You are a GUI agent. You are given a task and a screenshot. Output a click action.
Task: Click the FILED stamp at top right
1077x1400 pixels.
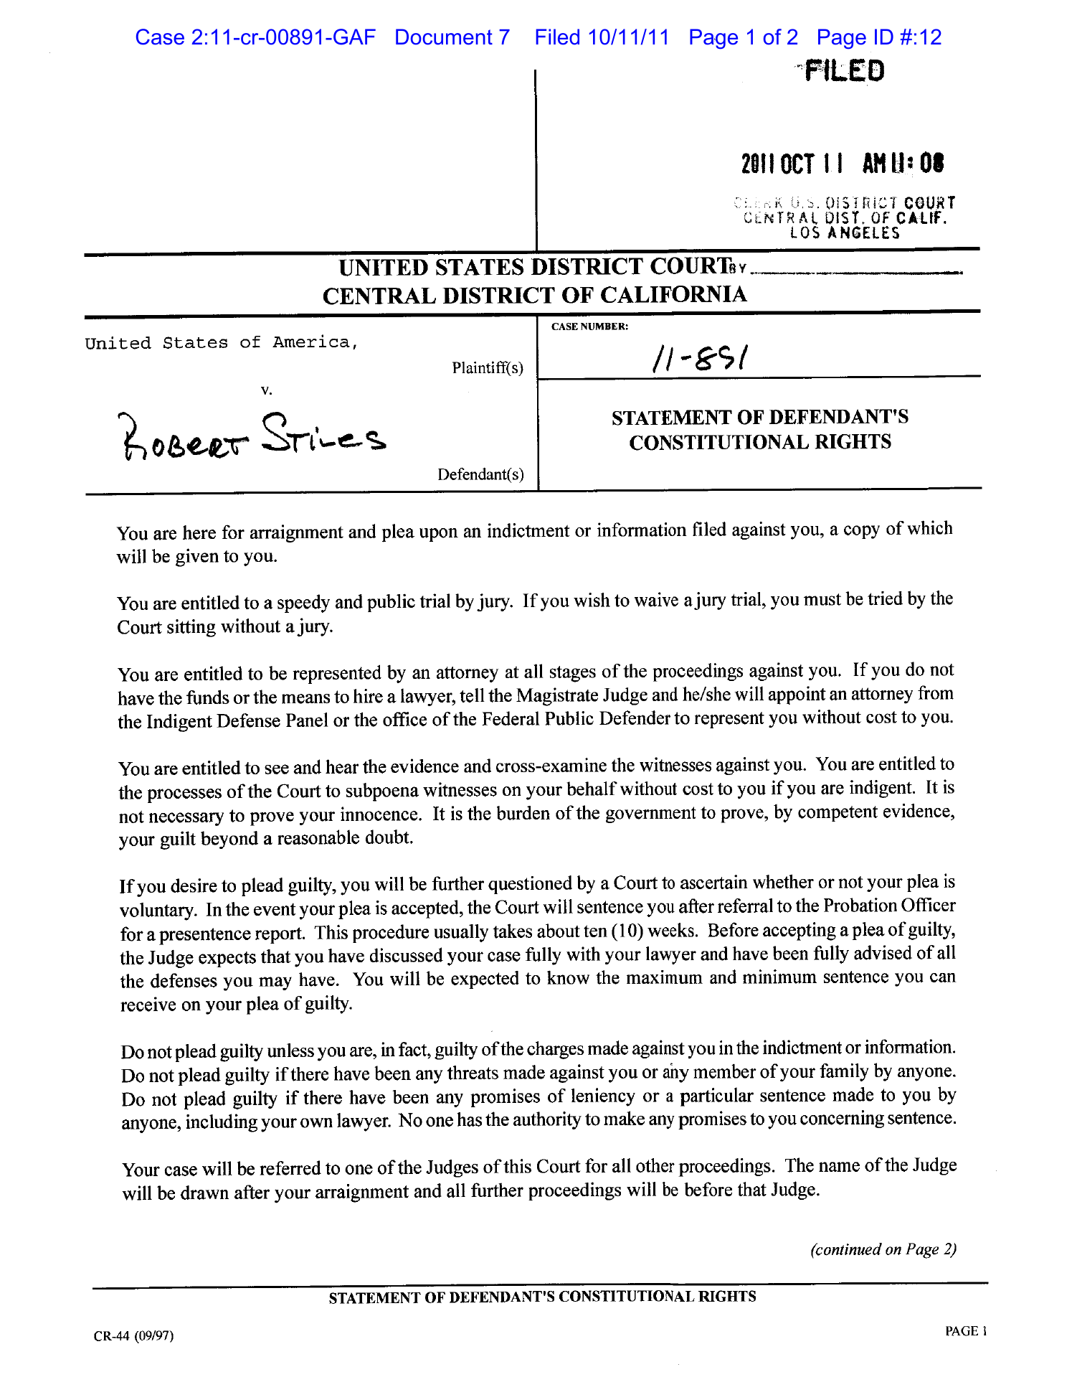pyautogui.click(x=844, y=70)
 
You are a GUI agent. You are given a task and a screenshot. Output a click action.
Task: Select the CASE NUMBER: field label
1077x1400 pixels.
pyautogui.click(x=589, y=326)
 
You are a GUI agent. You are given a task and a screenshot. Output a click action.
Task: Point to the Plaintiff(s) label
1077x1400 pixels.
pyautogui.click(x=488, y=368)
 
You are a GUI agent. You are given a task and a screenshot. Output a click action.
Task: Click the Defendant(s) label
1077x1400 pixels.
pyautogui.click(x=480, y=474)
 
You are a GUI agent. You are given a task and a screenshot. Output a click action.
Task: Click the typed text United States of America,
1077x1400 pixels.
pyautogui.click(x=221, y=343)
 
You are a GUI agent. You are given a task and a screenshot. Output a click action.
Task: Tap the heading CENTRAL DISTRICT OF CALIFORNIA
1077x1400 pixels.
pyautogui.click(x=534, y=295)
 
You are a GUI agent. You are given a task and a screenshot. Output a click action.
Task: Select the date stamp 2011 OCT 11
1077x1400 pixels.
pyautogui.click(x=792, y=164)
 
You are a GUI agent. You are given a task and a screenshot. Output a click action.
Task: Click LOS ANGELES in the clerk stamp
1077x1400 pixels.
pyautogui.click(x=845, y=233)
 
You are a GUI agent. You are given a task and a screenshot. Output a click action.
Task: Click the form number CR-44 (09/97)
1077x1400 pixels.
pyautogui.click(x=133, y=1335)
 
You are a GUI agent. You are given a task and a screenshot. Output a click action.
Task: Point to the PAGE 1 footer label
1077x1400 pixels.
pyautogui.click(x=966, y=1331)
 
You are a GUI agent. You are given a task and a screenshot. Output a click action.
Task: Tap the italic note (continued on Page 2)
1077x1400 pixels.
pyautogui.click(x=883, y=1249)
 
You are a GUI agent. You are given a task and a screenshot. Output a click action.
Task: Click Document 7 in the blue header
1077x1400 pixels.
pyautogui.click(x=452, y=37)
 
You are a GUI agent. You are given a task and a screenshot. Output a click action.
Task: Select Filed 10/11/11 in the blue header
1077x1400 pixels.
pyautogui.click(x=602, y=37)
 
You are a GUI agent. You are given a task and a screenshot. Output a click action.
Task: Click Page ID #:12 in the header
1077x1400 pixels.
pyautogui.click(x=878, y=37)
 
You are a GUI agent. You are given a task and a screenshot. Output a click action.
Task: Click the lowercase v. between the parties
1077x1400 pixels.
pyautogui.click(x=267, y=390)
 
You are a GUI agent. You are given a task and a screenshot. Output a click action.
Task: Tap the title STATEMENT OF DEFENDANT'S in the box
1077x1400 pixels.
pyautogui.click(x=760, y=417)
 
